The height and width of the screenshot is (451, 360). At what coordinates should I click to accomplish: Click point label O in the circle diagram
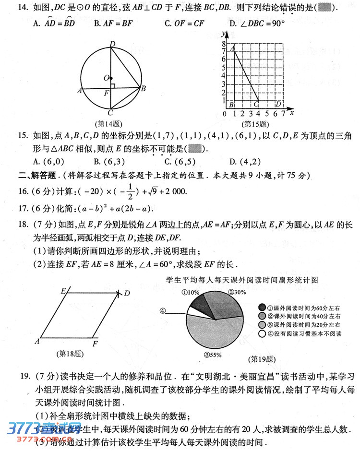pyautogui.click(x=106, y=78)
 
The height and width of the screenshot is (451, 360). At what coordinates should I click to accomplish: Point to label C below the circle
pyautogui.click(x=110, y=113)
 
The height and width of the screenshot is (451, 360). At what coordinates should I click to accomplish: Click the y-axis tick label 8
pyautogui.click(x=224, y=43)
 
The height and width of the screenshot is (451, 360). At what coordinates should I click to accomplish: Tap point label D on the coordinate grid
pyautogui.click(x=278, y=104)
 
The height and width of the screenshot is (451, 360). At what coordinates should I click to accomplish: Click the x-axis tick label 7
pyautogui.click(x=283, y=114)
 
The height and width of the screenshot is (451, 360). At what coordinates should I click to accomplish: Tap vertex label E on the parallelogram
pyautogui.click(x=63, y=291)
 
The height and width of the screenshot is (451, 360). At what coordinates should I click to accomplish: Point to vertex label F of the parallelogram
pyautogui.click(x=95, y=344)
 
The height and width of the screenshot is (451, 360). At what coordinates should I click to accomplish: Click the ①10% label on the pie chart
pyautogui.click(x=191, y=292)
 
